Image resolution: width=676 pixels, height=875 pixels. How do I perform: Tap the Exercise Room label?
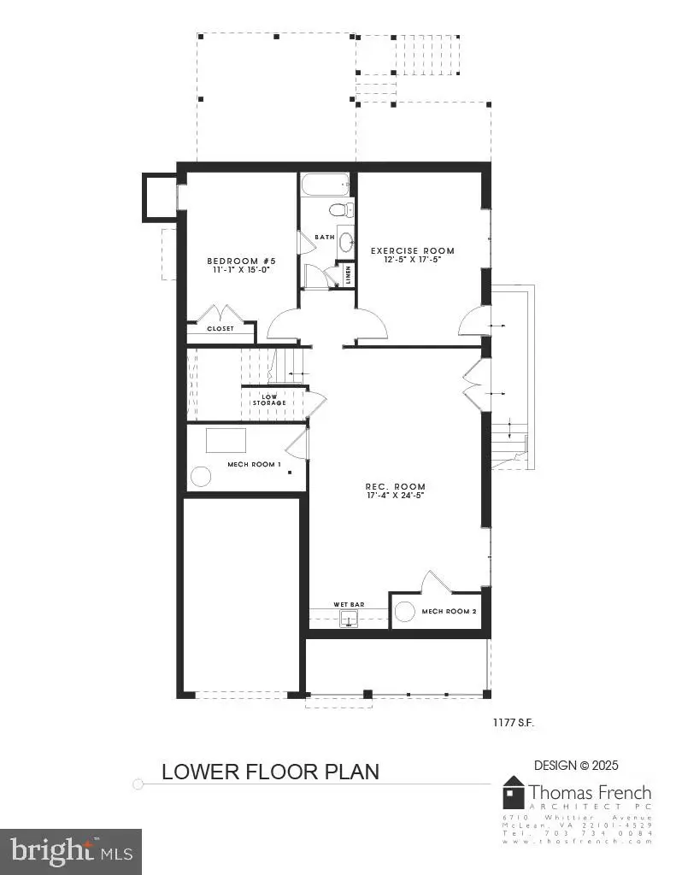click(x=412, y=250)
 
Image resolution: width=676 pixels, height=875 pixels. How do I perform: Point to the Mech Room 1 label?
click(x=254, y=464)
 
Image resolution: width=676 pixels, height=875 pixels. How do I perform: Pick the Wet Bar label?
click(x=349, y=604)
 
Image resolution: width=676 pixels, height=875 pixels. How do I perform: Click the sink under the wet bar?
click(x=348, y=619)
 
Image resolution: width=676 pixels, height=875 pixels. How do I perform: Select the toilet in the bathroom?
click(x=341, y=209)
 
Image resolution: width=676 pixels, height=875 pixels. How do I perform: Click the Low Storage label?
click(x=268, y=399)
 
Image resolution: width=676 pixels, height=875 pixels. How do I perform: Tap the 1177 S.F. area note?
click(x=514, y=723)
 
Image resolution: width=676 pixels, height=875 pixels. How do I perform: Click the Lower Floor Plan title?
click(x=270, y=772)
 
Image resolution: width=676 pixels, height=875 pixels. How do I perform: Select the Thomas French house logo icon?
click(x=514, y=793)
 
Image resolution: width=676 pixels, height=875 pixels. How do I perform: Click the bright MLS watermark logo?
click(x=71, y=851)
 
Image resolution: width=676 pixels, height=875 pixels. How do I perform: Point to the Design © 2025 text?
click(x=576, y=766)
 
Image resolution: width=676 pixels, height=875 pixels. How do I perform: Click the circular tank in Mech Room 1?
click(x=201, y=477)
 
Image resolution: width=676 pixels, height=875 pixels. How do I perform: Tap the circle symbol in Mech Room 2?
click(x=405, y=611)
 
